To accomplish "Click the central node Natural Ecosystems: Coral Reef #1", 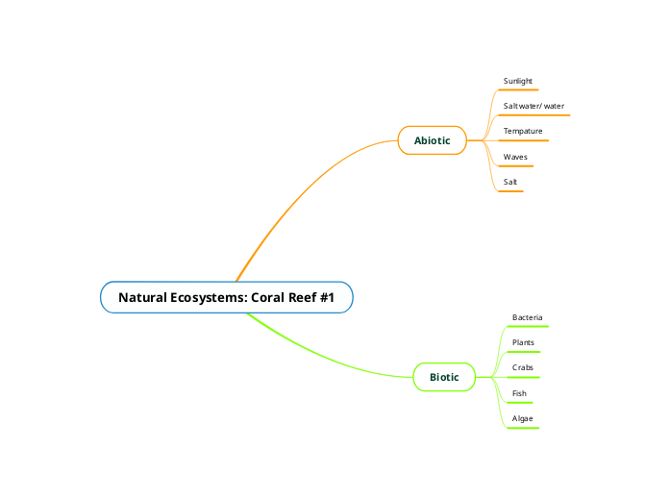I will [226, 297].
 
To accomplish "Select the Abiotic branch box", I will [432, 140].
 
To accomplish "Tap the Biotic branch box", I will [444, 377].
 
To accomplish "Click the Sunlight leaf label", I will [518, 81].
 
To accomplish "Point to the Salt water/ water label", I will [534, 106].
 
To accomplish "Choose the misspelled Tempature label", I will [523, 131].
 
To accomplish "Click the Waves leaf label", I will [515, 156].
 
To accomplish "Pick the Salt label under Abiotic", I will [510, 181].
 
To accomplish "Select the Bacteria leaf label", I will [528, 317].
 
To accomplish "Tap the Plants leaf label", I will [523, 342].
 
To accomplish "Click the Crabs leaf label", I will [523, 367].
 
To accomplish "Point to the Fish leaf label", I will [519, 393].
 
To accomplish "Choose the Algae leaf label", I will [522, 418].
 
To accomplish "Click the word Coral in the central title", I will [268, 297].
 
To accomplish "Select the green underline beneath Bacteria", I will [528, 327].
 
